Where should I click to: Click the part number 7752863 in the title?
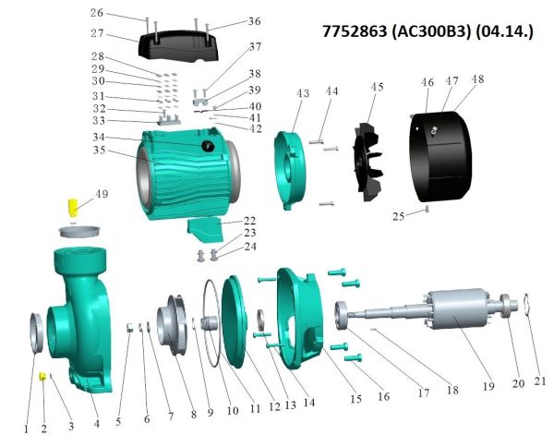point(355,31)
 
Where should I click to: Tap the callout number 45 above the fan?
point(377,87)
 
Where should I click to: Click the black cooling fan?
point(367,162)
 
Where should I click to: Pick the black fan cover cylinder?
point(440,156)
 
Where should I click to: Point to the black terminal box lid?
point(177,47)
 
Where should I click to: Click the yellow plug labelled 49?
point(73,207)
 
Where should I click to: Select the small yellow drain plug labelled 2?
point(42,376)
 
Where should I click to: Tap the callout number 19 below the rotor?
point(488,386)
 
